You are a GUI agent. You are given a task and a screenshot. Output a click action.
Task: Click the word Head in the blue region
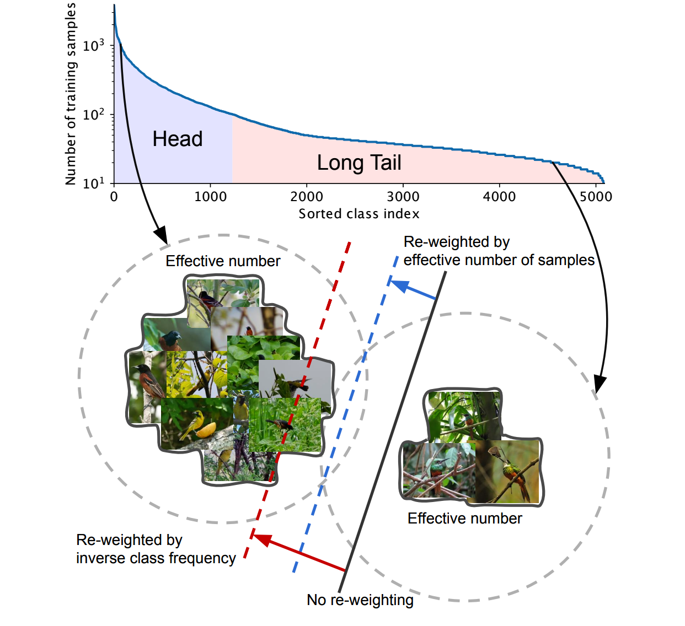(178, 139)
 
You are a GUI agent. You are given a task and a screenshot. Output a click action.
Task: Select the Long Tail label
(359, 163)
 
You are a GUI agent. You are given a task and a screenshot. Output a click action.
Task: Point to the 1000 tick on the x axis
(210, 197)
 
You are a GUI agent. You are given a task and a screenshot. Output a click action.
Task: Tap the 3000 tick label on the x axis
(403, 197)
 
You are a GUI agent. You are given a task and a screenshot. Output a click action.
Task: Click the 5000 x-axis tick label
(596, 197)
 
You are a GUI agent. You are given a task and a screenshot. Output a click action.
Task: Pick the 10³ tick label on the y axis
(93, 46)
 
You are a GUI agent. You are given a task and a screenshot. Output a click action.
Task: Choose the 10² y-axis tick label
(93, 115)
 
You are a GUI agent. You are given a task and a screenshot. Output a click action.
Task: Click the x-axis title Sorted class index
(359, 214)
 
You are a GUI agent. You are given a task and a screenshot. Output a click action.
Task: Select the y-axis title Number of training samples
(70, 94)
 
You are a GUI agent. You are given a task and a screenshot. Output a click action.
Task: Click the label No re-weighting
(360, 600)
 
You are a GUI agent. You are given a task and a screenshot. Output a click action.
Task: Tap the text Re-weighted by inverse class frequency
(156, 549)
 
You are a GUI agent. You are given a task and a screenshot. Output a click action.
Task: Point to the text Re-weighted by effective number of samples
(499, 251)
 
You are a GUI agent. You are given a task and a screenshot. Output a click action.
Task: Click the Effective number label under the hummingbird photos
(464, 519)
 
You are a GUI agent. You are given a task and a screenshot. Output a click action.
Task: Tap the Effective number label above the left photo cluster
(223, 261)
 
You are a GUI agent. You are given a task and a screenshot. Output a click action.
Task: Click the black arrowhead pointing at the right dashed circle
(599, 384)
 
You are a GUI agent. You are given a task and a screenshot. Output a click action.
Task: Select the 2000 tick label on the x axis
(307, 197)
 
